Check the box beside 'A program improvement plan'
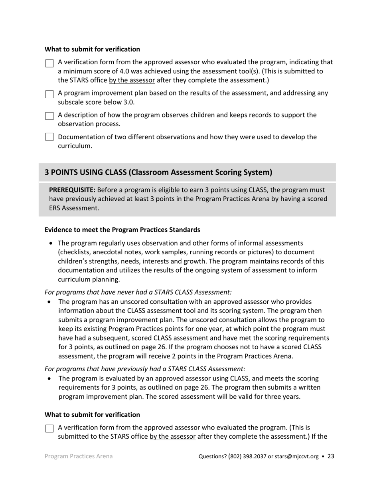pos(49,94)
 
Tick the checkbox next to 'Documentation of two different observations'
pos(49,137)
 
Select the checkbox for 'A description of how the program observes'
pos(49,116)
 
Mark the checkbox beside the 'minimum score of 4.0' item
pos(49,63)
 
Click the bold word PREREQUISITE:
pos(72,190)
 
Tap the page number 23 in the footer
pos(331,456)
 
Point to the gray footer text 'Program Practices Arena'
pos(79,456)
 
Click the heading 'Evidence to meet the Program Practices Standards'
pos(122,230)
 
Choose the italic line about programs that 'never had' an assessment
pos(138,292)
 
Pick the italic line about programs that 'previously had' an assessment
pos(145,369)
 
